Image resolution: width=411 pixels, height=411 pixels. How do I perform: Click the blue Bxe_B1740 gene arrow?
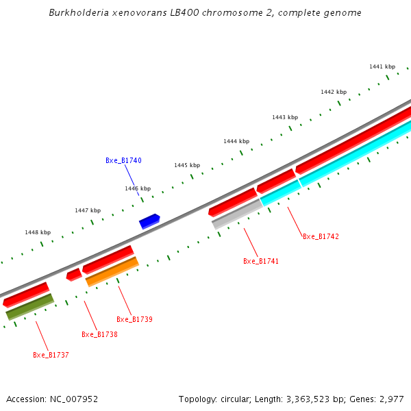click(149, 221)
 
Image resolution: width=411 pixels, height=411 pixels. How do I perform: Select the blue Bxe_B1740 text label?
click(123, 160)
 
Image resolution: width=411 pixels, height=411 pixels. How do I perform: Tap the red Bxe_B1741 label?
click(261, 261)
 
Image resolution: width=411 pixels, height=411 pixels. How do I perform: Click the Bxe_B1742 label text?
click(321, 236)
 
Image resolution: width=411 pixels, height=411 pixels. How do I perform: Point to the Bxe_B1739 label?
click(134, 319)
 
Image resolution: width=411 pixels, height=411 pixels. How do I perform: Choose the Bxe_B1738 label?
click(99, 334)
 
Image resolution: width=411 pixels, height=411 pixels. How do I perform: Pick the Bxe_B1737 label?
click(51, 355)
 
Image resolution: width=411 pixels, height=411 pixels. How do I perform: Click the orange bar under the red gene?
click(112, 271)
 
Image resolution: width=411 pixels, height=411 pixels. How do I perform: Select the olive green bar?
click(29, 307)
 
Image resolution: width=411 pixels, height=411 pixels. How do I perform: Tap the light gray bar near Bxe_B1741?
click(237, 213)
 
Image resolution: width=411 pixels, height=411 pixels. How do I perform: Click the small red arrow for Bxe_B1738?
click(74, 275)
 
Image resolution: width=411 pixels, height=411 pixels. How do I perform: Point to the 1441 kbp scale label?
click(382, 66)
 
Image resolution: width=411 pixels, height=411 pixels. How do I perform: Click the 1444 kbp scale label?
click(236, 141)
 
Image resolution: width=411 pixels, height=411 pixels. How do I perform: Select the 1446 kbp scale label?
click(138, 188)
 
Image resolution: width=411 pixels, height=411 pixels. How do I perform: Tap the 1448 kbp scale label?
click(38, 232)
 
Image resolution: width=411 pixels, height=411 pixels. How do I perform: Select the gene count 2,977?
click(390, 399)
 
